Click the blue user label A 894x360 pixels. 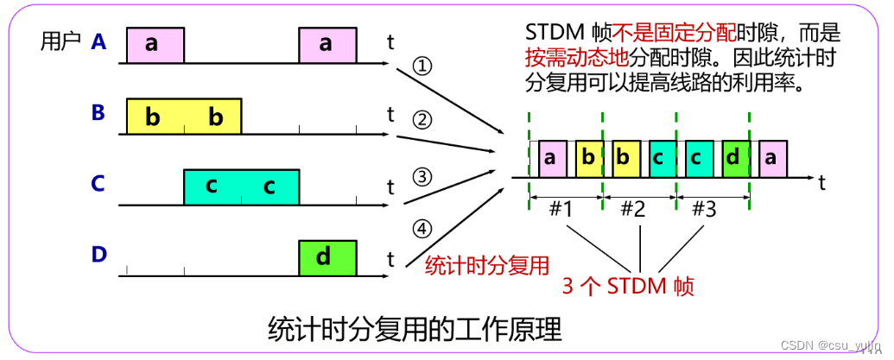99,41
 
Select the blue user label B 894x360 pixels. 98,112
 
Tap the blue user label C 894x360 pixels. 98,183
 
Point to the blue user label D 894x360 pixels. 98,255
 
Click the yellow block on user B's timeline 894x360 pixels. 184,117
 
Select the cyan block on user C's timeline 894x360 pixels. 241,186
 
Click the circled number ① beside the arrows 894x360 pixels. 422,66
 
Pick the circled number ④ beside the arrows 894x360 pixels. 422,229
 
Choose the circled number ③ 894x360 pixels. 422,177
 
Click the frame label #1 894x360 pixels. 562,209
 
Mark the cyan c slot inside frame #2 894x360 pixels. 658,158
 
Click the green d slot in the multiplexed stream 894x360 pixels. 732,158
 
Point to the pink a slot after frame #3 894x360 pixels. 771,158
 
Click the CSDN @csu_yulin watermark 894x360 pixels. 821,344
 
